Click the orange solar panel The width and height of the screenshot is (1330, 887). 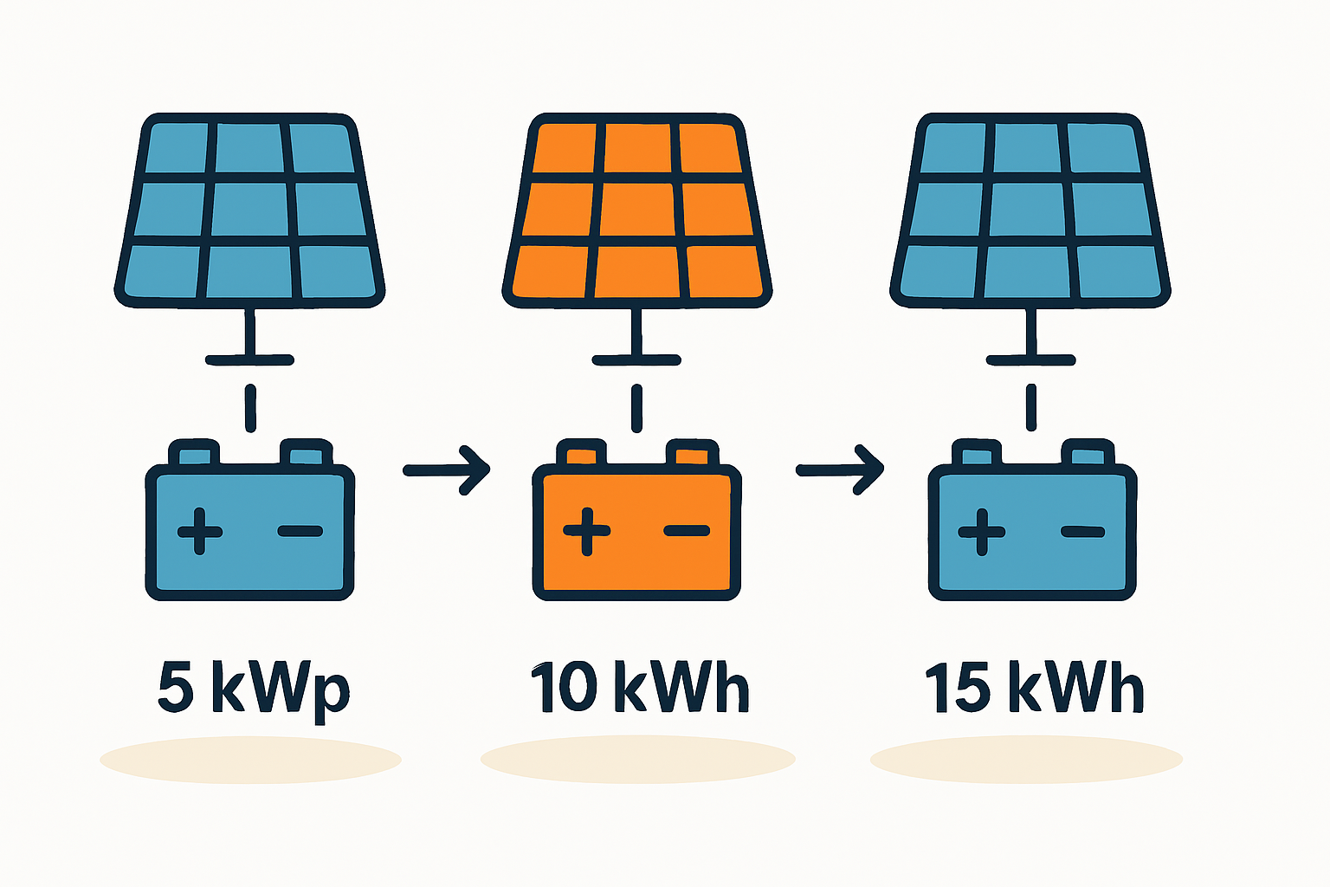pyautogui.click(x=637, y=210)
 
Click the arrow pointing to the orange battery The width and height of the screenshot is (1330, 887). pyautogui.click(x=447, y=470)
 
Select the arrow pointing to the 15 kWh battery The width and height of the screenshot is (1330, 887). pyautogui.click(x=840, y=470)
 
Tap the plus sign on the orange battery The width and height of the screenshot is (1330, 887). pyautogui.click(x=586, y=530)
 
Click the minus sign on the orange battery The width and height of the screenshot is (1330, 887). pyautogui.click(x=687, y=530)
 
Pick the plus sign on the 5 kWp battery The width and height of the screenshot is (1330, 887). pyautogui.click(x=200, y=530)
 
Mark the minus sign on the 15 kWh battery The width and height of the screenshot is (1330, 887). pyautogui.click(x=1082, y=530)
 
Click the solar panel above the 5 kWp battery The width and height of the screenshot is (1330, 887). pyautogui.click(x=249, y=210)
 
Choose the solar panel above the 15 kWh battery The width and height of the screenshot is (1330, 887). pyautogui.click(x=1030, y=210)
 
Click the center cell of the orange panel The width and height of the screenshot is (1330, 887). pyautogui.click(x=639, y=210)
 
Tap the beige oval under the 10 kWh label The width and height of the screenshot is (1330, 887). pyautogui.click(x=637, y=760)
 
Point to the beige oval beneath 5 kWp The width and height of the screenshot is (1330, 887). pyautogui.click(x=250, y=760)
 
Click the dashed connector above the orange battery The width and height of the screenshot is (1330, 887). pyautogui.click(x=637, y=409)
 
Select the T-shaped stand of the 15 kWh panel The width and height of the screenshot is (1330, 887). pyautogui.click(x=1030, y=342)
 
